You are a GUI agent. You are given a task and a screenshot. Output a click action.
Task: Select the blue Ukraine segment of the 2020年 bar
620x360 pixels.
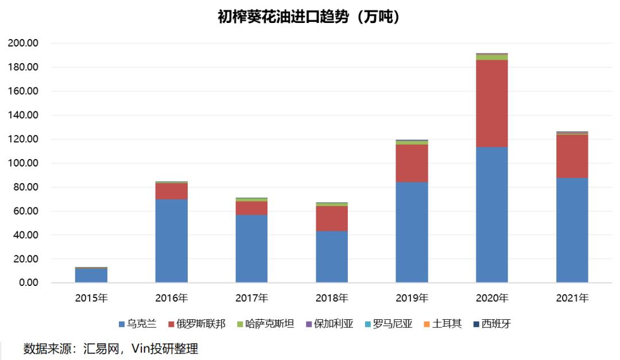pos(492,215)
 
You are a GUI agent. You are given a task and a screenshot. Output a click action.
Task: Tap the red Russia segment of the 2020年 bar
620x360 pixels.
pos(492,103)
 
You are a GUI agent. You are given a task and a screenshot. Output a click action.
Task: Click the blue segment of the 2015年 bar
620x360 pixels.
pos(91,276)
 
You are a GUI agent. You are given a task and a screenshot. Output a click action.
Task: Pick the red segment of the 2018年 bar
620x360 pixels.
pos(332,219)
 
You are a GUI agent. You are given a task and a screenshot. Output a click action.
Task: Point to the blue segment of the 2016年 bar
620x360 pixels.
pos(172,241)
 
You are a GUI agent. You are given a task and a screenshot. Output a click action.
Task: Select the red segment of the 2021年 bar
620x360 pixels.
pos(572,156)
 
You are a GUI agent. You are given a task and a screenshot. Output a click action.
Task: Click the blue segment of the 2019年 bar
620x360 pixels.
pos(412,233)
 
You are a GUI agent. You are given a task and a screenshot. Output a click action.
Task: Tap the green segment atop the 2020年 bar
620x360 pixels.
pos(492,57)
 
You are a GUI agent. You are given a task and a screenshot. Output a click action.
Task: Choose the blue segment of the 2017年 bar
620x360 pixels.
pos(251,249)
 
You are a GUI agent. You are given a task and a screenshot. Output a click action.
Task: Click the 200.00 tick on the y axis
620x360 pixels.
pos(24,44)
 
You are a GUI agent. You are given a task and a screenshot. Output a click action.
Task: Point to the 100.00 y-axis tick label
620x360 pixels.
pos(24,164)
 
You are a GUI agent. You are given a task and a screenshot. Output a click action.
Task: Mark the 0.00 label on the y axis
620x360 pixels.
pos(28,283)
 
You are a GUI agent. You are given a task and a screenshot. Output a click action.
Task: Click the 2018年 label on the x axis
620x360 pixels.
pos(332,298)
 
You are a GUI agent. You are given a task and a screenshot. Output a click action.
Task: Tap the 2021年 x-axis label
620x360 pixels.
pos(572,298)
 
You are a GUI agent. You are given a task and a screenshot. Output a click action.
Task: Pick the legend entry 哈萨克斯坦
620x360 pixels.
pos(269,324)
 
